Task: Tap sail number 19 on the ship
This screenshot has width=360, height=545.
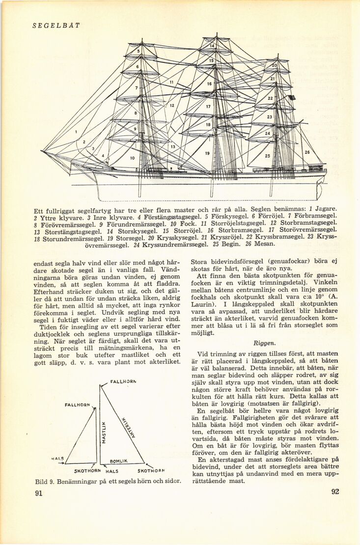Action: pyautogui.click(x=208, y=154)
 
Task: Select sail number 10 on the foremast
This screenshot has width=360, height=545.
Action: pyautogui.click(x=132, y=159)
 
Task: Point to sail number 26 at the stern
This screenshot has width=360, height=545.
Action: pyautogui.click(x=307, y=152)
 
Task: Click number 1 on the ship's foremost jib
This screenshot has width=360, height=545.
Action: pyautogui.click(x=77, y=132)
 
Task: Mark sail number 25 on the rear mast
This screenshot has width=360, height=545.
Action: pyautogui.click(x=267, y=156)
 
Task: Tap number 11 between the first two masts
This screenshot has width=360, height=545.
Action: pyautogui.click(x=172, y=82)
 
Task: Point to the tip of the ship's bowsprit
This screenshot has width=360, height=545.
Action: pyautogui.click(x=43, y=151)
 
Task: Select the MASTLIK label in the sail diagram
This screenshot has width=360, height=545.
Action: pyautogui.click(x=104, y=433)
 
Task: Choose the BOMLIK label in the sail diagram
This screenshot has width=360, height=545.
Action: pyautogui.click(x=119, y=461)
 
